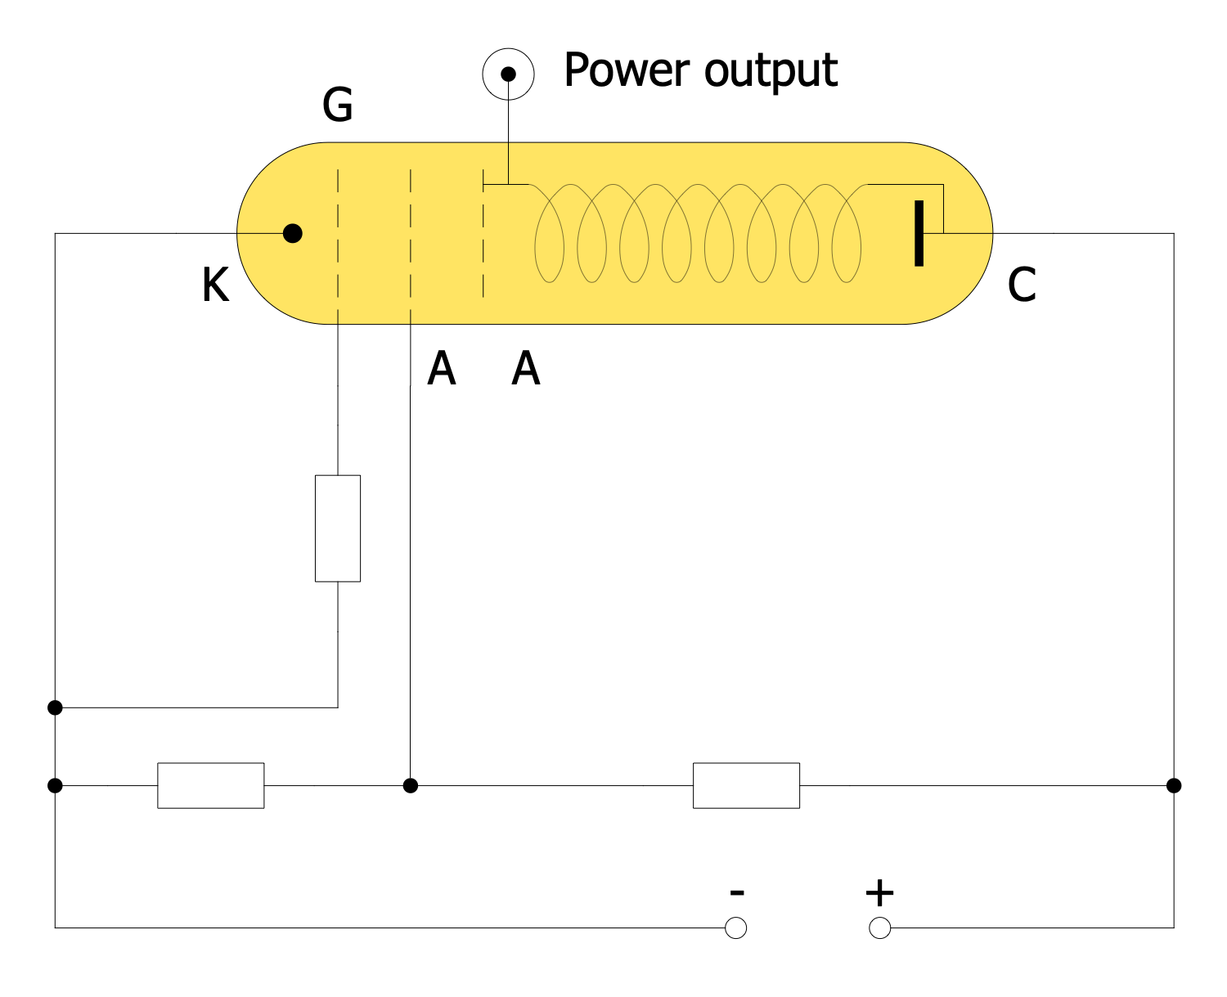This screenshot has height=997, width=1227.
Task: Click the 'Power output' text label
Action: (700, 70)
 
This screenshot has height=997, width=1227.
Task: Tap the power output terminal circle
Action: (508, 74)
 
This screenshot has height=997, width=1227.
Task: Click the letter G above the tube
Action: (338, 106)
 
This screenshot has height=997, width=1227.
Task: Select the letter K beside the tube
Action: (215, 286)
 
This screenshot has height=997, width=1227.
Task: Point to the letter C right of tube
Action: (1022, 285)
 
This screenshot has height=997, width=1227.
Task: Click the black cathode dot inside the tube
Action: (292, 234)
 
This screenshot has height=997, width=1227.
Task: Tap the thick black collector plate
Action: (919, 233)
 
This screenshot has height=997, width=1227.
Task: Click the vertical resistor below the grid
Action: (338, 528)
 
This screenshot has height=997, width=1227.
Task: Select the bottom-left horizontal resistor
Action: (211, 786)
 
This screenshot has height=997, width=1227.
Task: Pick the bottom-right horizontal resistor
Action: (746, 786)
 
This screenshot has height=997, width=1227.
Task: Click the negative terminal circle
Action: (736, 928)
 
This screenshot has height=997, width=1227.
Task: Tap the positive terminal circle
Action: (879, 928)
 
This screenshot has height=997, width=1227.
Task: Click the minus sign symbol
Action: (736, 892)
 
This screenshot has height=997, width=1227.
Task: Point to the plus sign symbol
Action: (879, 893)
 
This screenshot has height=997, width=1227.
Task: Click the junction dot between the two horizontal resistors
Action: (411, 786)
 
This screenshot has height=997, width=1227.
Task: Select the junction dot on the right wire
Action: (1174, 786)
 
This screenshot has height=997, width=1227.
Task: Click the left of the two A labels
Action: (441, 369)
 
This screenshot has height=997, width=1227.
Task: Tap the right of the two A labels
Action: (526, 369)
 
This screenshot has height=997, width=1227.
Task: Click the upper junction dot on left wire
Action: (55, 707)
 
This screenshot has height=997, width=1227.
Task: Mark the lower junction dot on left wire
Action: (55, 786)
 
